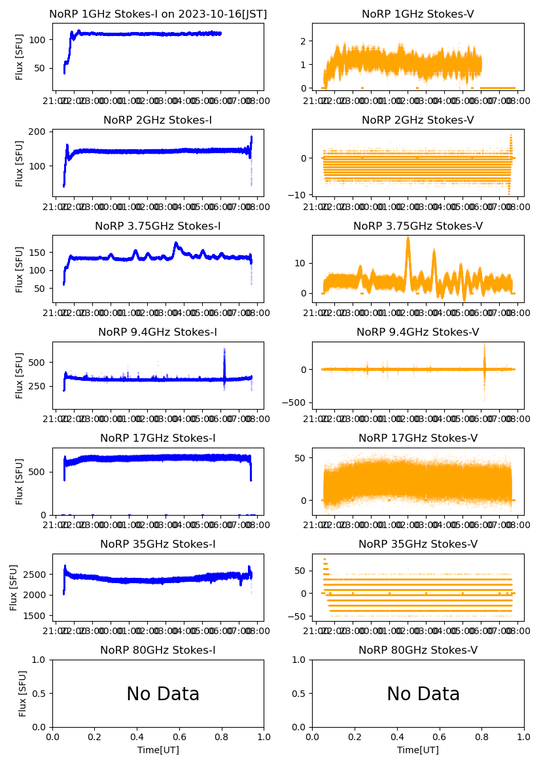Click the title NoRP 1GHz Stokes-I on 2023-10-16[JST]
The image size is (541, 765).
(x=158, y=14)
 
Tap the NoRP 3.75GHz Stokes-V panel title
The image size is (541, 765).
(x=418, y=226)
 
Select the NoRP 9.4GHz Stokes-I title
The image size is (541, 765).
(x=158, y=332)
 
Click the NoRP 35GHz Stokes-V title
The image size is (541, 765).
(x=418, y=544)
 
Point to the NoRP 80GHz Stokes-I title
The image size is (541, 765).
(x=158, y=650)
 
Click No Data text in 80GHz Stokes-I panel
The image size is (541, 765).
(x=163, y=694)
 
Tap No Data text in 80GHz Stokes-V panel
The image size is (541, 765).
(x=423, y=694)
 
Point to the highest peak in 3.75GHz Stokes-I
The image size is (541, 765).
(x=175, y=243)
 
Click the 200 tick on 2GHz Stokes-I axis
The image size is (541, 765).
(x=39, y=132)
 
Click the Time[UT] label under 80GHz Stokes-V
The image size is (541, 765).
(x=418, y=749)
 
